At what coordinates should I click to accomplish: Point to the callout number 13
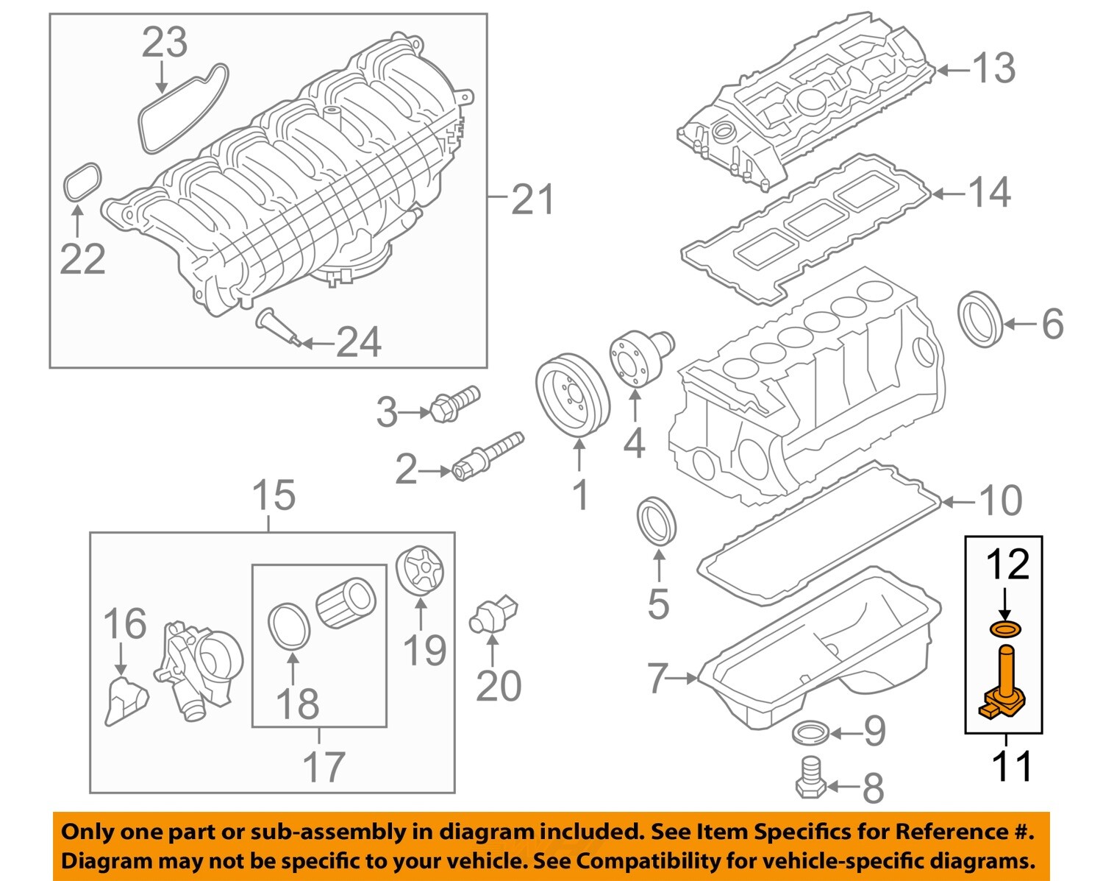point(993,68)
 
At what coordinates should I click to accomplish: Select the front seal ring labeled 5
point(657,521)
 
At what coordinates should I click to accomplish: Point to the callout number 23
point(164,43)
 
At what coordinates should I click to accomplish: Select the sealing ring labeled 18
point(289,628)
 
